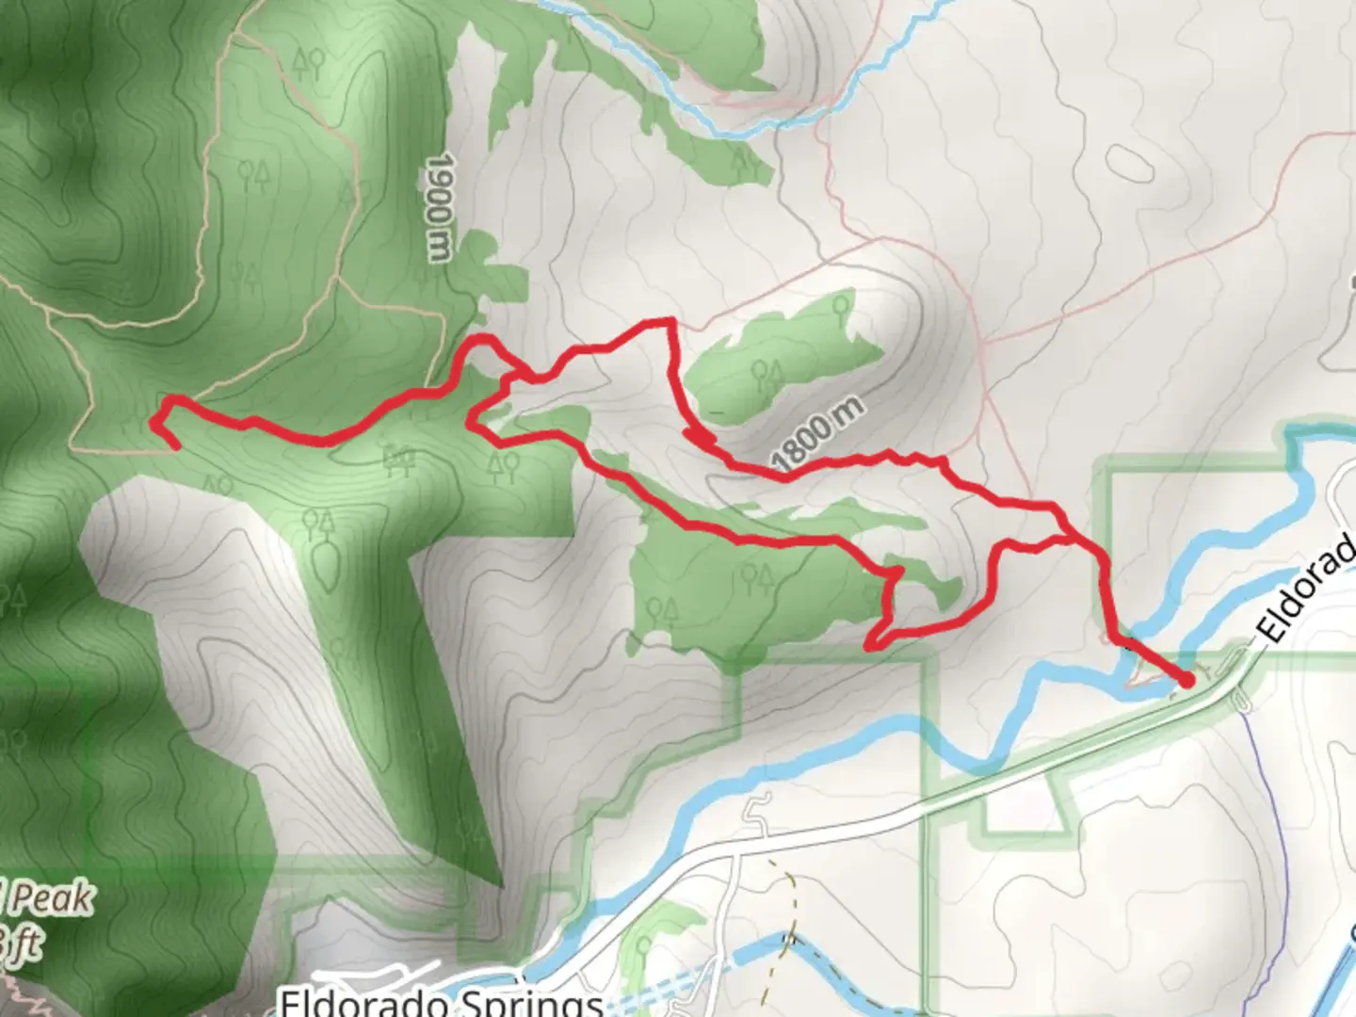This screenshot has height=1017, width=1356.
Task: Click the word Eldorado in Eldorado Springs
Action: click(x=359, y=1001)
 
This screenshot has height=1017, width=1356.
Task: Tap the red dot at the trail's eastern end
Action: click(x=1186, y=679)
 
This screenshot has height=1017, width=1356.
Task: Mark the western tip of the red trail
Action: click(x=155, y=421)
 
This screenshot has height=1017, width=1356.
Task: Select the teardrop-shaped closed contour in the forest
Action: click(x=326, y=564)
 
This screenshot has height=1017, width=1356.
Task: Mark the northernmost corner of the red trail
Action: click(x=670, y=322)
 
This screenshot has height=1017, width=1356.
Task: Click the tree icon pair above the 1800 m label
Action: click(x=767, y=375)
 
